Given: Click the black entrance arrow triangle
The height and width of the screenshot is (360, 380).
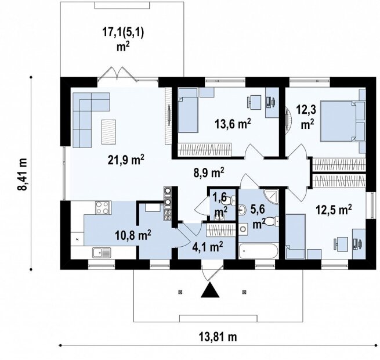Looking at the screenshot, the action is click(210, 290).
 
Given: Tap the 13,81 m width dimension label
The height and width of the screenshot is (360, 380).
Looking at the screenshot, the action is click(218, 336).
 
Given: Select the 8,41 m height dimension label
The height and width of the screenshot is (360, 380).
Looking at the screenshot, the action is click(22, 173).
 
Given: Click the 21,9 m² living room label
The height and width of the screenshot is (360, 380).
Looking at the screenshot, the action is click(126, 160).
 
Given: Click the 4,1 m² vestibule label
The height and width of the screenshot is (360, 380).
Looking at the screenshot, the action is click(208, 247).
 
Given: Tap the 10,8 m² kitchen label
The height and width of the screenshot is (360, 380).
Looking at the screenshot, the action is click(133, 235).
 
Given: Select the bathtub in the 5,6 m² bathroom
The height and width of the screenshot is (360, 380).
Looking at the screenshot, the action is click(258, 251).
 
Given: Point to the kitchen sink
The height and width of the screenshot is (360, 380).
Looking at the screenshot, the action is click(102, 253).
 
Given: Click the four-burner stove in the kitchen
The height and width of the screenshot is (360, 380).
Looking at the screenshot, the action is click(103, 207).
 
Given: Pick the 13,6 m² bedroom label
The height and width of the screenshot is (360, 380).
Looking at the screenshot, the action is click(233, 124).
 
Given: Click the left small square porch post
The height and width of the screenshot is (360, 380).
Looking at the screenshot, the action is click(180, 292).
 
